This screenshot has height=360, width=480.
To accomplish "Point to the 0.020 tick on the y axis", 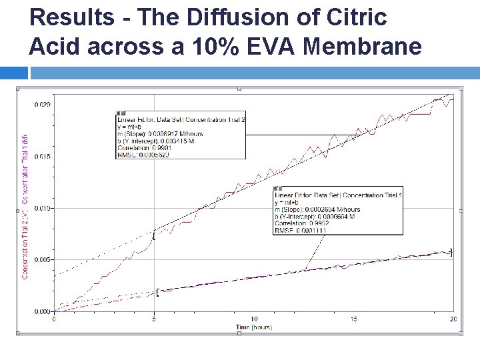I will pyautogui.click(x=42, y=105).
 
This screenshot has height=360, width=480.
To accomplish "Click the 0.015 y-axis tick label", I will pyautogui.click(x=42, y=157).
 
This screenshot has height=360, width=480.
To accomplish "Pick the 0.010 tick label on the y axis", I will pyautogui.click(x=42, y=208).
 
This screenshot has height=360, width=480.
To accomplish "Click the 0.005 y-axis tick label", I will pyautogui.click(x=42, y=259).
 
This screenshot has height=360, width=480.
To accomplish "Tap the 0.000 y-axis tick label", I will pyautogui.click(x=42, y=311).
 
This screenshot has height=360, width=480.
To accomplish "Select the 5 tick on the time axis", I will pyautogui.click(x=155, y=319).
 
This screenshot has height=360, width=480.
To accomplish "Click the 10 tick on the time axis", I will pyautogui.click(x=254, y=319).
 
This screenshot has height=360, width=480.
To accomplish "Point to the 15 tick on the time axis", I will pyautogui.click(x=354, y=319).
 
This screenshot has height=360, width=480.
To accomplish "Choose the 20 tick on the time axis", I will pyautogui.click(x=453, y=319).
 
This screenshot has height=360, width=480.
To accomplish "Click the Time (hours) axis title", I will pyautogui.click(x=254, y=327).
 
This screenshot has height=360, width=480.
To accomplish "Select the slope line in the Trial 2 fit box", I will pyautogui.click(x=159, y=133).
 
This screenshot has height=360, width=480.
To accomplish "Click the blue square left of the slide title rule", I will pyautogui.click(x=13, y=73).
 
